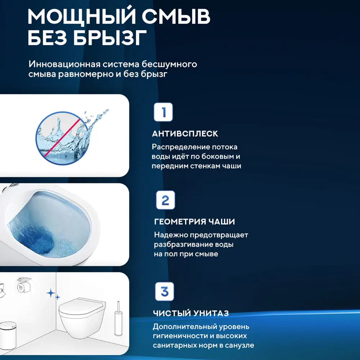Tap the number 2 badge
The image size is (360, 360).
165,201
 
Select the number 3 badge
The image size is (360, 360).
164,292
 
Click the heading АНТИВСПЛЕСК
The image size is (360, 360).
185,134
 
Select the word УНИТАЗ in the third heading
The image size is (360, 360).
213,313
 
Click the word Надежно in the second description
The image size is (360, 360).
172,235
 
